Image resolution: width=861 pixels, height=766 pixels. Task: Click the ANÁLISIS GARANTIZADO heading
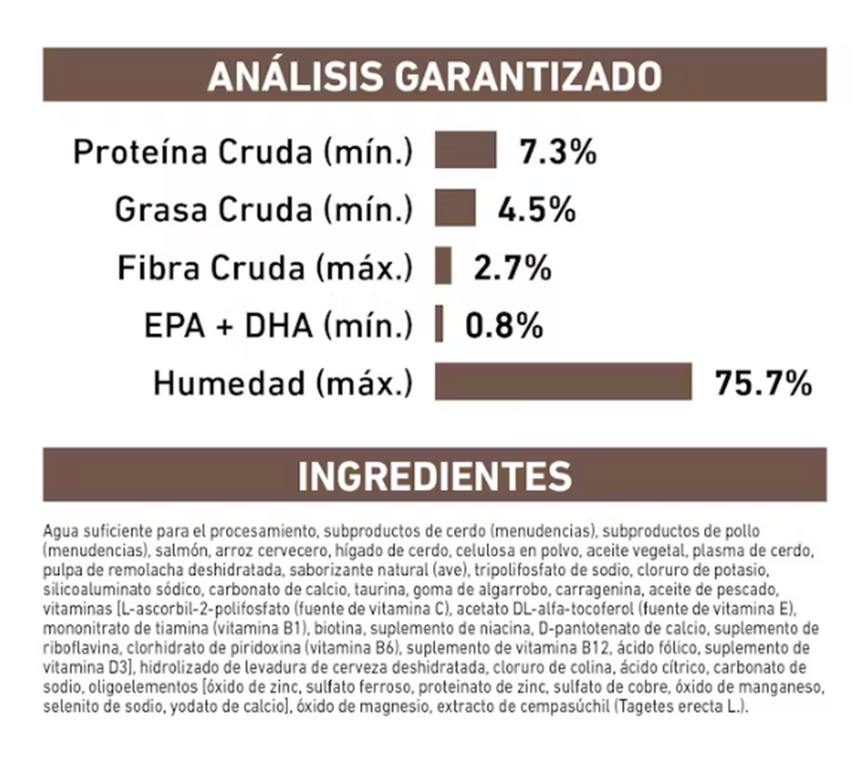click(x=434, y=76)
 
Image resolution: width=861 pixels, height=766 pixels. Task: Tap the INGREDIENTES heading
click(x=434, y=476)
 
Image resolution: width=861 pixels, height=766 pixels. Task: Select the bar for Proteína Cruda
click(x=465, y=150)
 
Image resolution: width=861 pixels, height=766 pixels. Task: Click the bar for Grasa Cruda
click(x=455, y=207)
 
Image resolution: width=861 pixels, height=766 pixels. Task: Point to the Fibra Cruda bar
click(x=443, y=265)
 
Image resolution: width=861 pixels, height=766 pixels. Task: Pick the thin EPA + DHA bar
click(x=439, y=324)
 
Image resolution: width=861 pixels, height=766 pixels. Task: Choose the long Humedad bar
click(x=563, y=382)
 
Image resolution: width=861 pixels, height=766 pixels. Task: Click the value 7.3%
click(x=558, y=152)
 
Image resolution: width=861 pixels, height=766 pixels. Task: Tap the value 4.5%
click(x=536, y=210)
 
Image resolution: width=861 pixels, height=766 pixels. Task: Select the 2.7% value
click(x=512, y=268)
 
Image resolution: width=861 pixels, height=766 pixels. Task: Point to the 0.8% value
click(x=504, y=326)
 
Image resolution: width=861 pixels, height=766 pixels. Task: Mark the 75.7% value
click(x=763, y=383)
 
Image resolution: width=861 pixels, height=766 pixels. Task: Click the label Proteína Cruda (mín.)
click(x=243, y=152)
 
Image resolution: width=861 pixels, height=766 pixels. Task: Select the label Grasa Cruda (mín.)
click(x=264, y=209)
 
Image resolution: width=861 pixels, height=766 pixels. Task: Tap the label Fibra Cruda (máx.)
click(x=265, y=268)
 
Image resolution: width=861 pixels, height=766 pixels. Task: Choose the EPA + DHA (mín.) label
click(x=278, y=326)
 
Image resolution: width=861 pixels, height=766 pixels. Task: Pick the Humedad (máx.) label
click(x=283, y=383)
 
